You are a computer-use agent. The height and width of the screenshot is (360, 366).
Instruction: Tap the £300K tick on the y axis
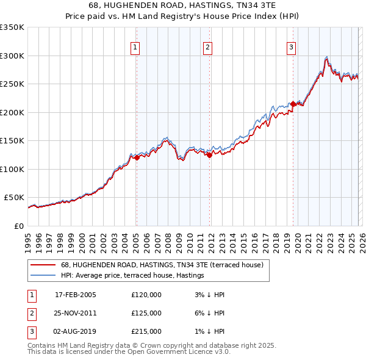[x=12, y=56]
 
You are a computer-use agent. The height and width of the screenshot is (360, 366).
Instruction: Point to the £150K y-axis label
[x=12, y=140]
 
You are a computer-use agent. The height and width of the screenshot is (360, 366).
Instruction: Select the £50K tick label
[x=14, y=198]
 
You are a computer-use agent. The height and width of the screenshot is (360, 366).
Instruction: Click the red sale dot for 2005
[x=137, y=157]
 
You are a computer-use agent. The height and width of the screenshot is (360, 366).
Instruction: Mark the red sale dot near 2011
[x=209, y=155]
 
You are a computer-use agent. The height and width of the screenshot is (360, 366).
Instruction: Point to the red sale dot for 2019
[x=293, y=104]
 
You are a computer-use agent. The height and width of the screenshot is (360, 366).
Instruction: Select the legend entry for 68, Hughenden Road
[x=162, y=265]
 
